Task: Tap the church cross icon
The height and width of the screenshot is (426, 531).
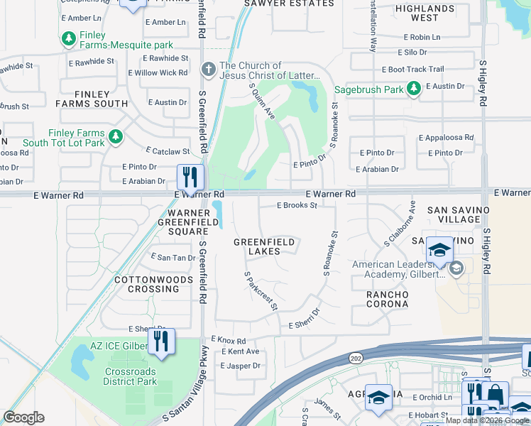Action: click(208, 70)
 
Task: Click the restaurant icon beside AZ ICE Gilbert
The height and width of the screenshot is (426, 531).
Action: click(162, 342)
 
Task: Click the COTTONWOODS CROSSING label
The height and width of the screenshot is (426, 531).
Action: click(153, 285)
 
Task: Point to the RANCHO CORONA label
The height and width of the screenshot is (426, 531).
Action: click(387, 299)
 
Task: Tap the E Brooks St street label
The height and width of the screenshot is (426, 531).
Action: click(297, 205)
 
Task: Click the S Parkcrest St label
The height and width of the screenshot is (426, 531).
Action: click(260, 290)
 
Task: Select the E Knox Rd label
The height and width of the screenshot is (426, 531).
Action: click(228, 341)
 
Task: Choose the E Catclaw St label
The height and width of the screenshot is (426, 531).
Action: click(168, 151)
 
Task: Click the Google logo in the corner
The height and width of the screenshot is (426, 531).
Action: click(24, 417)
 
